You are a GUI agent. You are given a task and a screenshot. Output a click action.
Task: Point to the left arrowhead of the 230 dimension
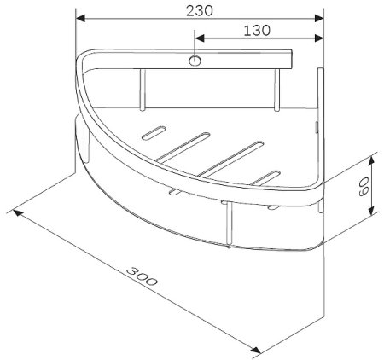click(81, 17)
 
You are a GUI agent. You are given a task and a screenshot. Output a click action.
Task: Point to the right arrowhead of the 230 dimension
click(320, 17)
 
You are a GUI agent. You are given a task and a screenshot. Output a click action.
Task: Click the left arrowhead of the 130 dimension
click(200, 38)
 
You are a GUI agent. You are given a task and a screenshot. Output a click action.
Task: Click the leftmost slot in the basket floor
click(154, 133)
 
